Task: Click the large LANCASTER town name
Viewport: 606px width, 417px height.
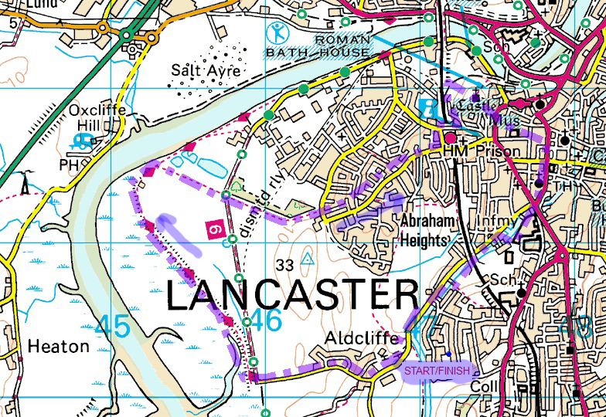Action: (292, 296)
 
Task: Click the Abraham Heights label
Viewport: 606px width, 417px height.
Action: (424, 229)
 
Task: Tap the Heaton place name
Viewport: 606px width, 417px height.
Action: (59, 346)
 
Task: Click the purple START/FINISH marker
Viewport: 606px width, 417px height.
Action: (436, 371)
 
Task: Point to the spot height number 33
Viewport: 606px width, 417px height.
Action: (284, 266)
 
